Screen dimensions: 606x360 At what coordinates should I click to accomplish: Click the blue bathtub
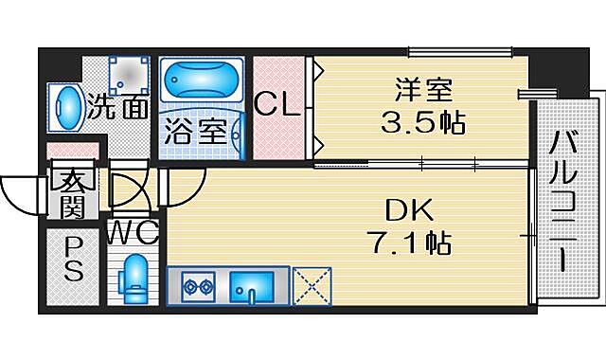pos(202,81)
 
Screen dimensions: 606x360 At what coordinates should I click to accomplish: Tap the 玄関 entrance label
pos(75,191)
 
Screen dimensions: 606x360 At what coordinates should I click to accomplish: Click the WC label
pos(132,232)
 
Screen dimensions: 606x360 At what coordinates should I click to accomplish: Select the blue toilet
pos(135,276)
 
